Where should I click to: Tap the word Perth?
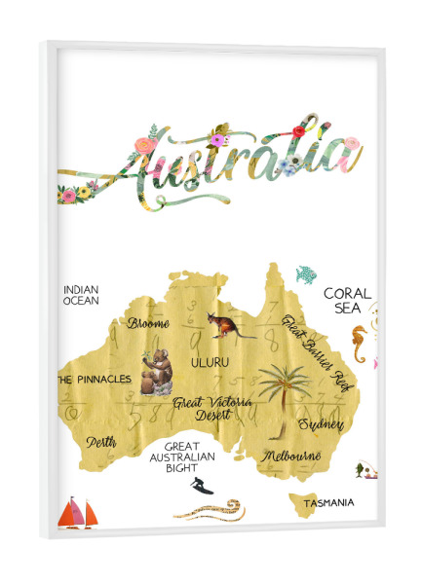[101, 443]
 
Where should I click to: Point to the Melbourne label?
[291, 455]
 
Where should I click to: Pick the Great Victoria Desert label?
[211, 407]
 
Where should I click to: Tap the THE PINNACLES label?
[93, 380]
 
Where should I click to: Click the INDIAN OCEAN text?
[82, 295]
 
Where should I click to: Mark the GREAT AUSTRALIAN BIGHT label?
[175, 456]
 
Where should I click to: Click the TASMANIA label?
[327, 503]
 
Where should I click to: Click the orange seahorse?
[360, 344]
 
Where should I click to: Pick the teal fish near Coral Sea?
[306, 275]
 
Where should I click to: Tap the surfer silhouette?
[197, 486]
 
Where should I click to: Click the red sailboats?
[78, 512]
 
